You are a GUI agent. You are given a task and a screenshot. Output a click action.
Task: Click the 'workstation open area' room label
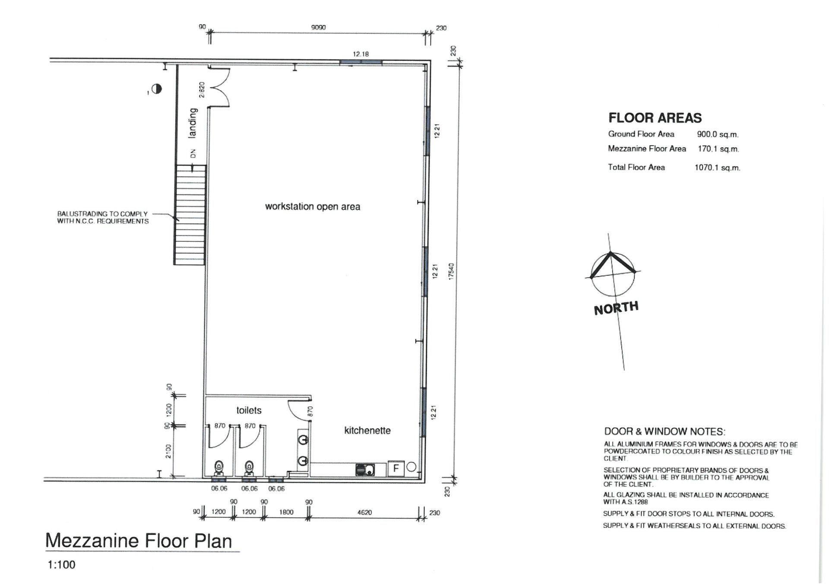click(313, 206)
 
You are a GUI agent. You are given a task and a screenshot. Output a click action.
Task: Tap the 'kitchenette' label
click(367, 431)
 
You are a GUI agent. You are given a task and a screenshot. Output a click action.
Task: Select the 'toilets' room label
click(249, 410)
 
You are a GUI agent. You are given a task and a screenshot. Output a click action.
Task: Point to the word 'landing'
click(193, 123)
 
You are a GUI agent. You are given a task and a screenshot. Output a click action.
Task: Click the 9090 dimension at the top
click(318, 27)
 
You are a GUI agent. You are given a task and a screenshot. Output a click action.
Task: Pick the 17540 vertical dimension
click(451, 271)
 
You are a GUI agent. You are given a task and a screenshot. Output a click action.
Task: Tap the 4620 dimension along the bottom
click(364, 512)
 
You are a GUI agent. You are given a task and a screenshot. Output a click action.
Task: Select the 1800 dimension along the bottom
click(286, 512)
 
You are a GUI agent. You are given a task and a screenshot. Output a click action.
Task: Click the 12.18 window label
click(361, 54)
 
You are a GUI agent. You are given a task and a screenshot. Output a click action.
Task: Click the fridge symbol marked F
click(396, 468)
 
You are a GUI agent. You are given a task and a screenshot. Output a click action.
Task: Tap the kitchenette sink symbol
click(365, 469)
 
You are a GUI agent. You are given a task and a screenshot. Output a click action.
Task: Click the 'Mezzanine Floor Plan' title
click(139, 541)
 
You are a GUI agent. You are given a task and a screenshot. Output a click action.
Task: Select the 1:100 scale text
click(61, 565)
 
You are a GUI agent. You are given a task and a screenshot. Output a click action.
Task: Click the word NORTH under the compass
click(616, 308)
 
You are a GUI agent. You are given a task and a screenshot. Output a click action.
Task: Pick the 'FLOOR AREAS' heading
click(655, 117)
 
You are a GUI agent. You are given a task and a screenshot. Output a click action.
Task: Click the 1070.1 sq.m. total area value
click(717, 168)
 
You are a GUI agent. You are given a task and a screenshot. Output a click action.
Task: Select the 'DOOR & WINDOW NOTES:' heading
click(665, 431)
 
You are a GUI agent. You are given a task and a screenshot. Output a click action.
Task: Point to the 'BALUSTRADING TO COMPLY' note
click(102, 214)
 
